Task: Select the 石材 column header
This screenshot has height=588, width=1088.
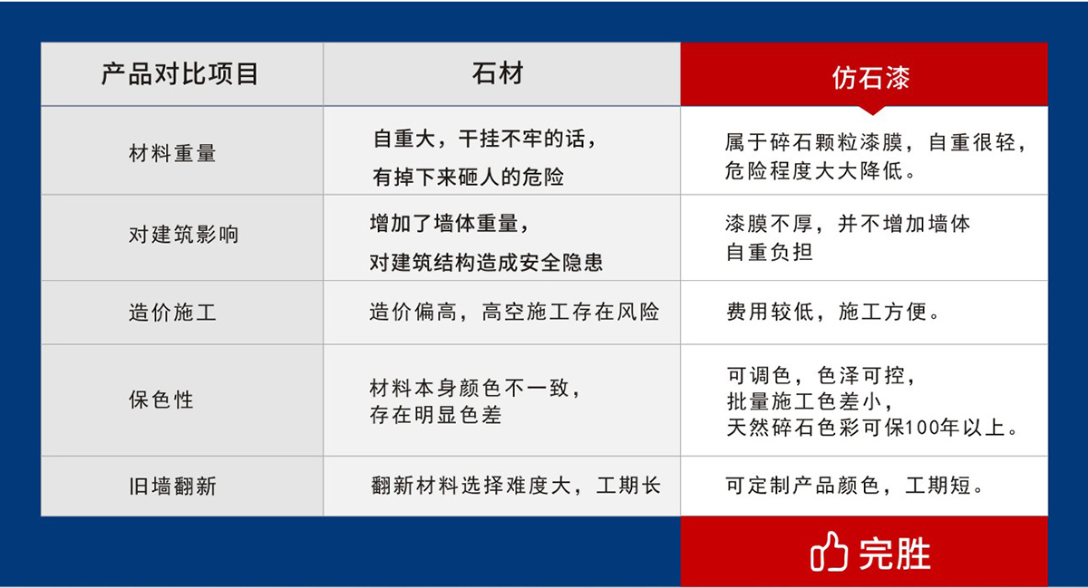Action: click(x=498, y=73)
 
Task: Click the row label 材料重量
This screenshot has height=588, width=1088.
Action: click(x=172, y=153)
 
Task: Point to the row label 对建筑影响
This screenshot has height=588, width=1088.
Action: click(x=184, y=235)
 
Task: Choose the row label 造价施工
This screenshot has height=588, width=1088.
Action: click(x=172, y=313)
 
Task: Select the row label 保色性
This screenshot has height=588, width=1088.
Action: click(x=161, y=400)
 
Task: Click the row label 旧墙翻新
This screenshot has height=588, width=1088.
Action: click(x=172, y=487)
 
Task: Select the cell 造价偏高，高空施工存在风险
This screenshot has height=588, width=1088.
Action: click(x=514, y=313)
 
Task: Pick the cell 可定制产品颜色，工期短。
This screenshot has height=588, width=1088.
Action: click(x=855, y=487)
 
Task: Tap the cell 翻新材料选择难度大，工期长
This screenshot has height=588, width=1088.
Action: click(x=516, y=487)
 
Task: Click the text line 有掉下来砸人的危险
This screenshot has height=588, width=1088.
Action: click(x=468, y=178)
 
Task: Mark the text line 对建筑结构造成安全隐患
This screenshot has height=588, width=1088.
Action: click(x=486, y=263)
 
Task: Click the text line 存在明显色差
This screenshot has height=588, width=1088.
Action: click(x=435, y=416)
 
